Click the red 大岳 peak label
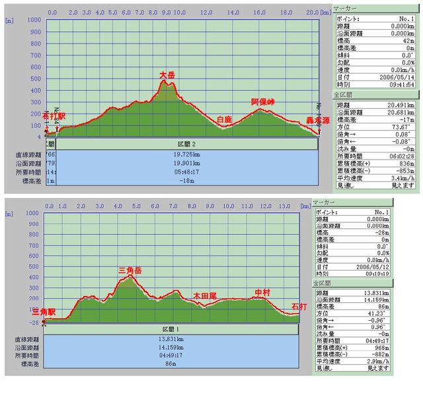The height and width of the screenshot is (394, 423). point(167,76)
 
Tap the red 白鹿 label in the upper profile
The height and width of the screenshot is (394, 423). point(225,119)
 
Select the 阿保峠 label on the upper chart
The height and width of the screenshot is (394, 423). point(262,102)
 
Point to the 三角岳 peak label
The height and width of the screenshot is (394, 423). point(130,270)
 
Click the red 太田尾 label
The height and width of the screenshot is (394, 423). point(205,297)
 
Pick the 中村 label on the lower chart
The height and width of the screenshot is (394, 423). point(262,292)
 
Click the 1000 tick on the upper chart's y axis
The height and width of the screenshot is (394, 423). point(33,19)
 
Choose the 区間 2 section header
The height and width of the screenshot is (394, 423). point(189,144)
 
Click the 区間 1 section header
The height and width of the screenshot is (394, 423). point(171,329)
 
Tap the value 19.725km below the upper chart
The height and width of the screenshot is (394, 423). point(189,154)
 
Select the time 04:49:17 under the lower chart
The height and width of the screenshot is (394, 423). point(171,354)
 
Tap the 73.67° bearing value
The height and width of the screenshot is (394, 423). point(404,126)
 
